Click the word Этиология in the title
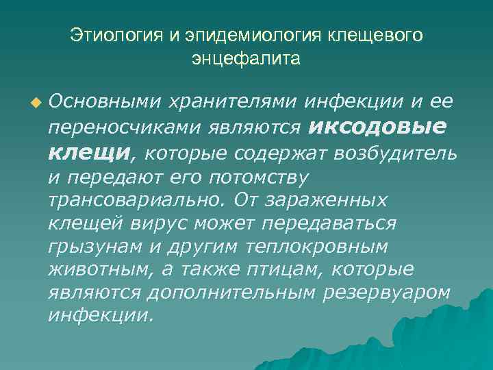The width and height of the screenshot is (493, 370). coord(113,34)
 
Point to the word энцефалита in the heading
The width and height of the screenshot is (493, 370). coord(246,59)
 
